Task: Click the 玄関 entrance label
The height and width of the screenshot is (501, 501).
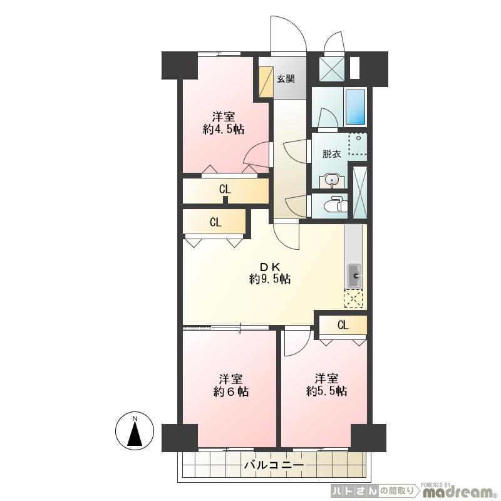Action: pos(286,79)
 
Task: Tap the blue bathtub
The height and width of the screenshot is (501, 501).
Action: pos(355,106)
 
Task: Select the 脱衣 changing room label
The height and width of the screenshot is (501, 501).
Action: pos(332,154)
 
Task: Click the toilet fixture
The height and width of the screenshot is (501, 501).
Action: pos(335,205)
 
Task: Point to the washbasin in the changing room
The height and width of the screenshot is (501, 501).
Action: pos(333,181)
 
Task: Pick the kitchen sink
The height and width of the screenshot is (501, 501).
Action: pos(353,276)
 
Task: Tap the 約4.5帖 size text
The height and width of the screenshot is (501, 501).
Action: pos(224,130)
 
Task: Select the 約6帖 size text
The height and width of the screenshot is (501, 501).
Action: pos(231,392)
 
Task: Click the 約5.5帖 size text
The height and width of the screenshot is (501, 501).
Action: pos(326,391)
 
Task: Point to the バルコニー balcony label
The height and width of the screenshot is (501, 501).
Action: pos(274,465)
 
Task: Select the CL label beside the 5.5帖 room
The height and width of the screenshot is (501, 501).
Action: pos(343,325)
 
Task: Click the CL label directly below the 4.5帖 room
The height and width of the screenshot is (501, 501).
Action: pos(225,189)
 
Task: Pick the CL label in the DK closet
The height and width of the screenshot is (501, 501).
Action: pos(215,222)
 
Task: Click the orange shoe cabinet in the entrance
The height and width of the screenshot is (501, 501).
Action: pos(266,81)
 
